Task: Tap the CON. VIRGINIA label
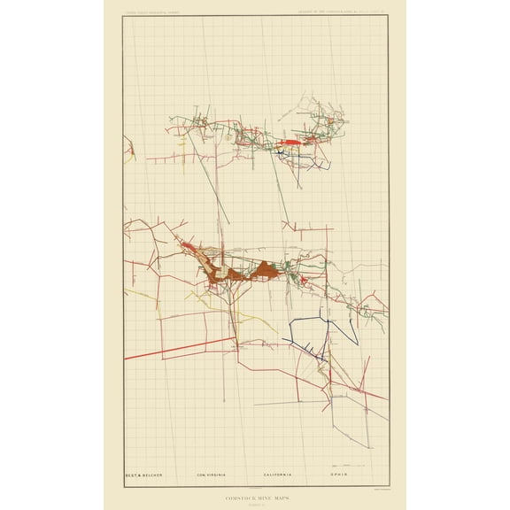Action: pyautogui.click(x=212, y=475)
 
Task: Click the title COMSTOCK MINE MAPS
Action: pyautogui.click(x=255, y=489)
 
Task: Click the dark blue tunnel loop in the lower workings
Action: pyautogui.click(x=310, y=336)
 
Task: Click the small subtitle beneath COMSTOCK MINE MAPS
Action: pyautogui.click(x=255, y=495)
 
